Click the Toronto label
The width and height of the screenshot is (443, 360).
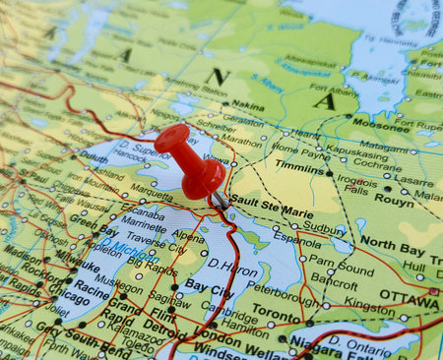pos(276,317)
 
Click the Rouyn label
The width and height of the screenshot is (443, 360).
pos(395,199)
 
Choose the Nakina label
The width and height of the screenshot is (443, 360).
pos(247,104)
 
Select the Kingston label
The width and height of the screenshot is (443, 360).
pos(369,306)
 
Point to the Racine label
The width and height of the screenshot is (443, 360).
pos(90,289)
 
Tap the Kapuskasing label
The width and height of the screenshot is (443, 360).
pos(357,154)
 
